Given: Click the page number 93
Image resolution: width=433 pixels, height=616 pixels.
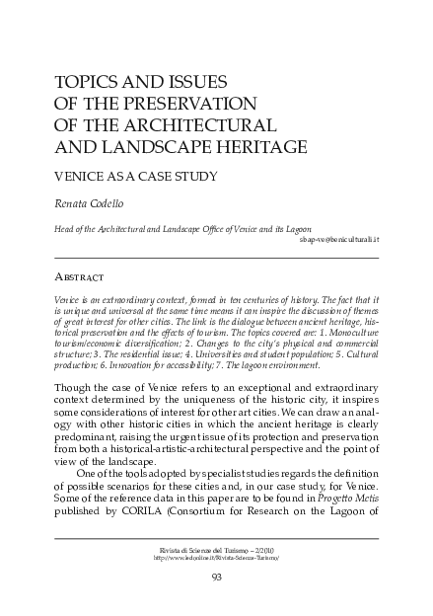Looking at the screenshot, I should click(x=216, y=577).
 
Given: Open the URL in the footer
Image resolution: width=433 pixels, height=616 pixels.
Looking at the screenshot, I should click(x=216, y=557).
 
